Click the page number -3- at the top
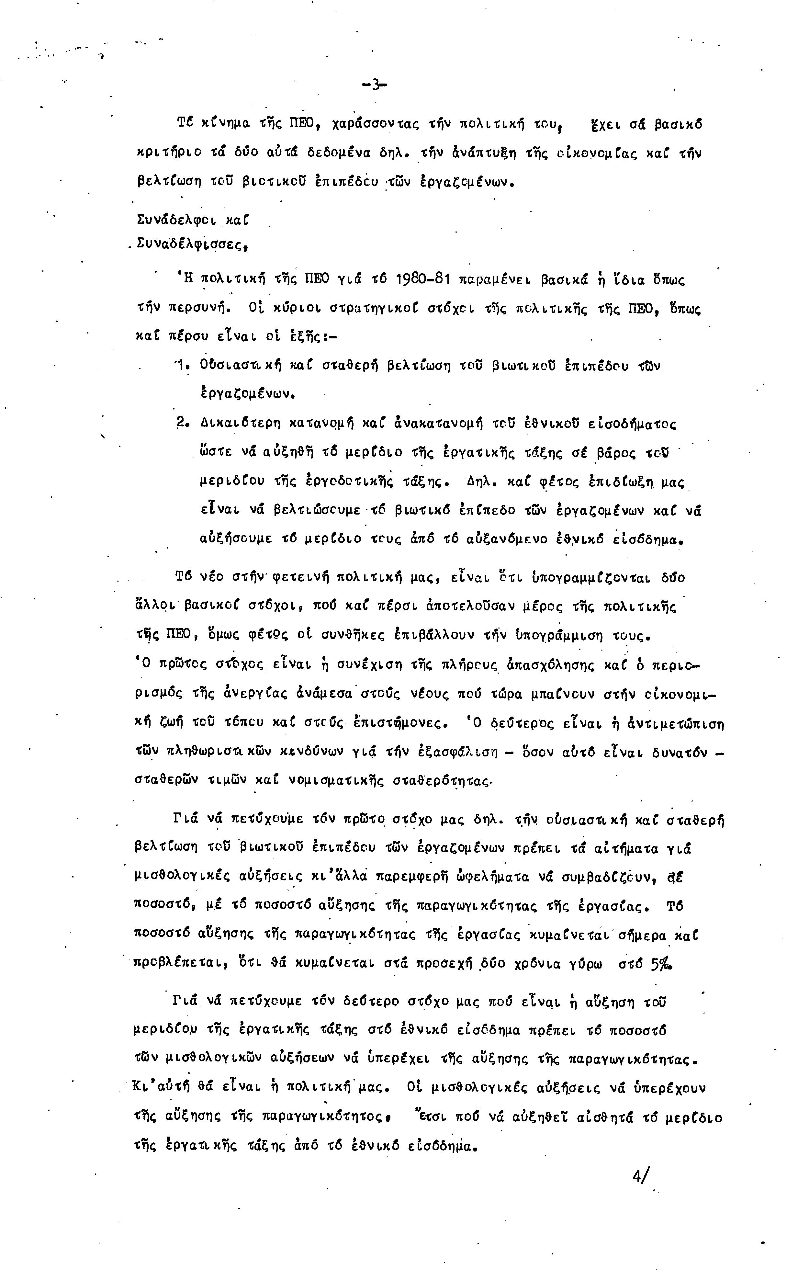pyautogui.click(x=374, y=85)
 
